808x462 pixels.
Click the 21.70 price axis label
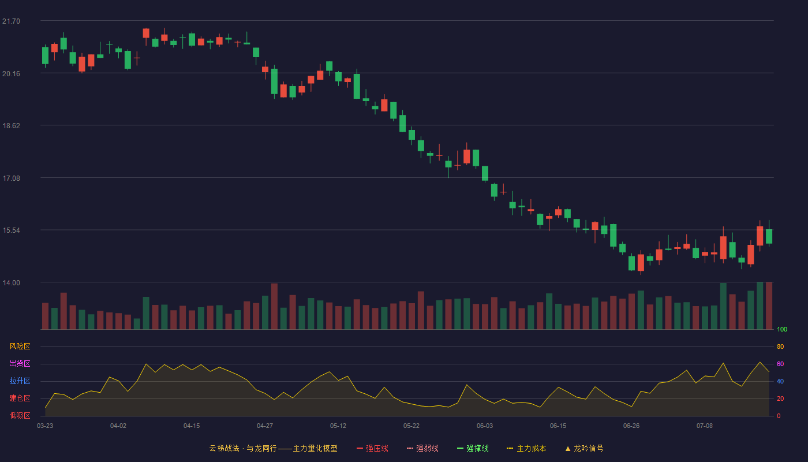[11, 21]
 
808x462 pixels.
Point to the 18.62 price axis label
[11, 126]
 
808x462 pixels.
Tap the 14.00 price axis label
[11, 283]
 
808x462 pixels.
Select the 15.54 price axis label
[11, 230]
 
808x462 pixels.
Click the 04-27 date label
[265, 426]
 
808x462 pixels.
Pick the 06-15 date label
[558, 426]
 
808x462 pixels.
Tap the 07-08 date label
[705, 426]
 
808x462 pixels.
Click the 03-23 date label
[45, 426]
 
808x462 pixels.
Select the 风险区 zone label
[20, 346]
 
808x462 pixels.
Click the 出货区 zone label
[20, 364]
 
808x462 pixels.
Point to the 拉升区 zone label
[20, 381]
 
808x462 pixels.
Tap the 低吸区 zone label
[20, 416]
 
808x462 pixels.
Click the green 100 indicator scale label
[782, 330]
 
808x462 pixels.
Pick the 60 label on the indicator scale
[780, 364]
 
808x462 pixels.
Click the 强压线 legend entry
[372, 449]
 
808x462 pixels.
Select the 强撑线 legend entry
[473, 449]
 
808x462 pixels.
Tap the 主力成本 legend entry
[526, 449]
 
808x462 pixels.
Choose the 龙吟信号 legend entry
[584, 449]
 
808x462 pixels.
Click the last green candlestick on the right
[769, 236]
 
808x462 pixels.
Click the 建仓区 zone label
[20, 398]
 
